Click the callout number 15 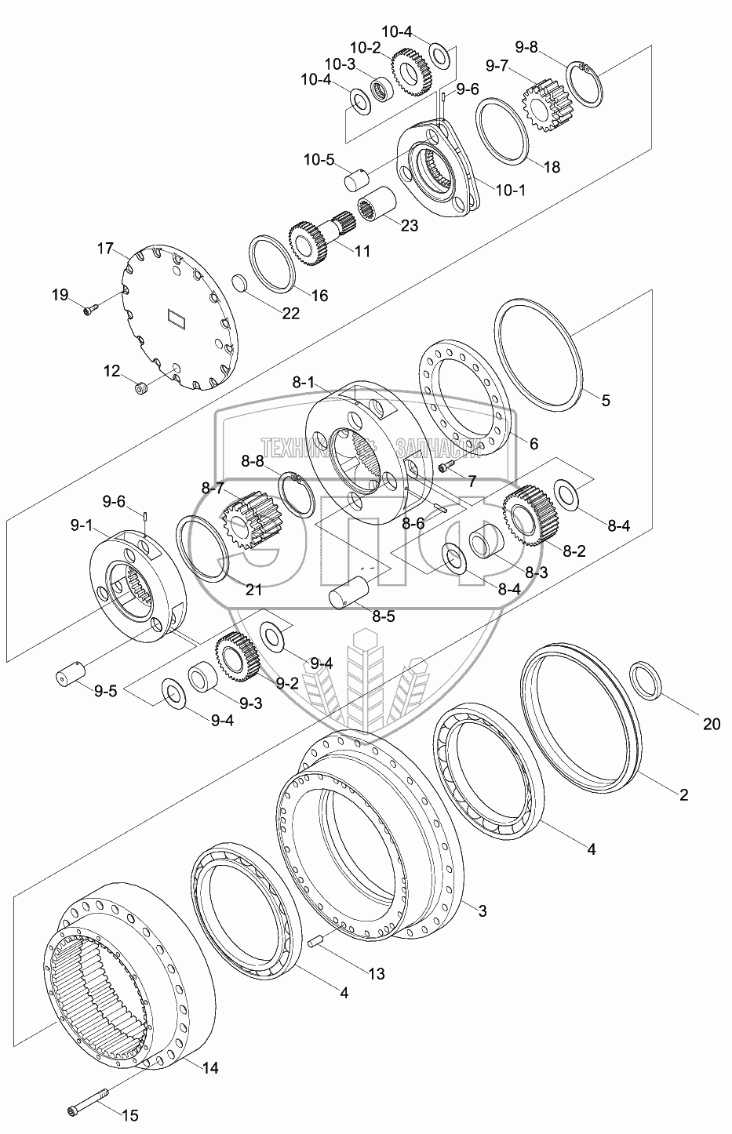(x=129, y=1114)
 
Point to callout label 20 (x=711, y=725)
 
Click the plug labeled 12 (x=142, y=387)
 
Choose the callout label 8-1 (x=302, y=383)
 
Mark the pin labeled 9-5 (x=68, y=674)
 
